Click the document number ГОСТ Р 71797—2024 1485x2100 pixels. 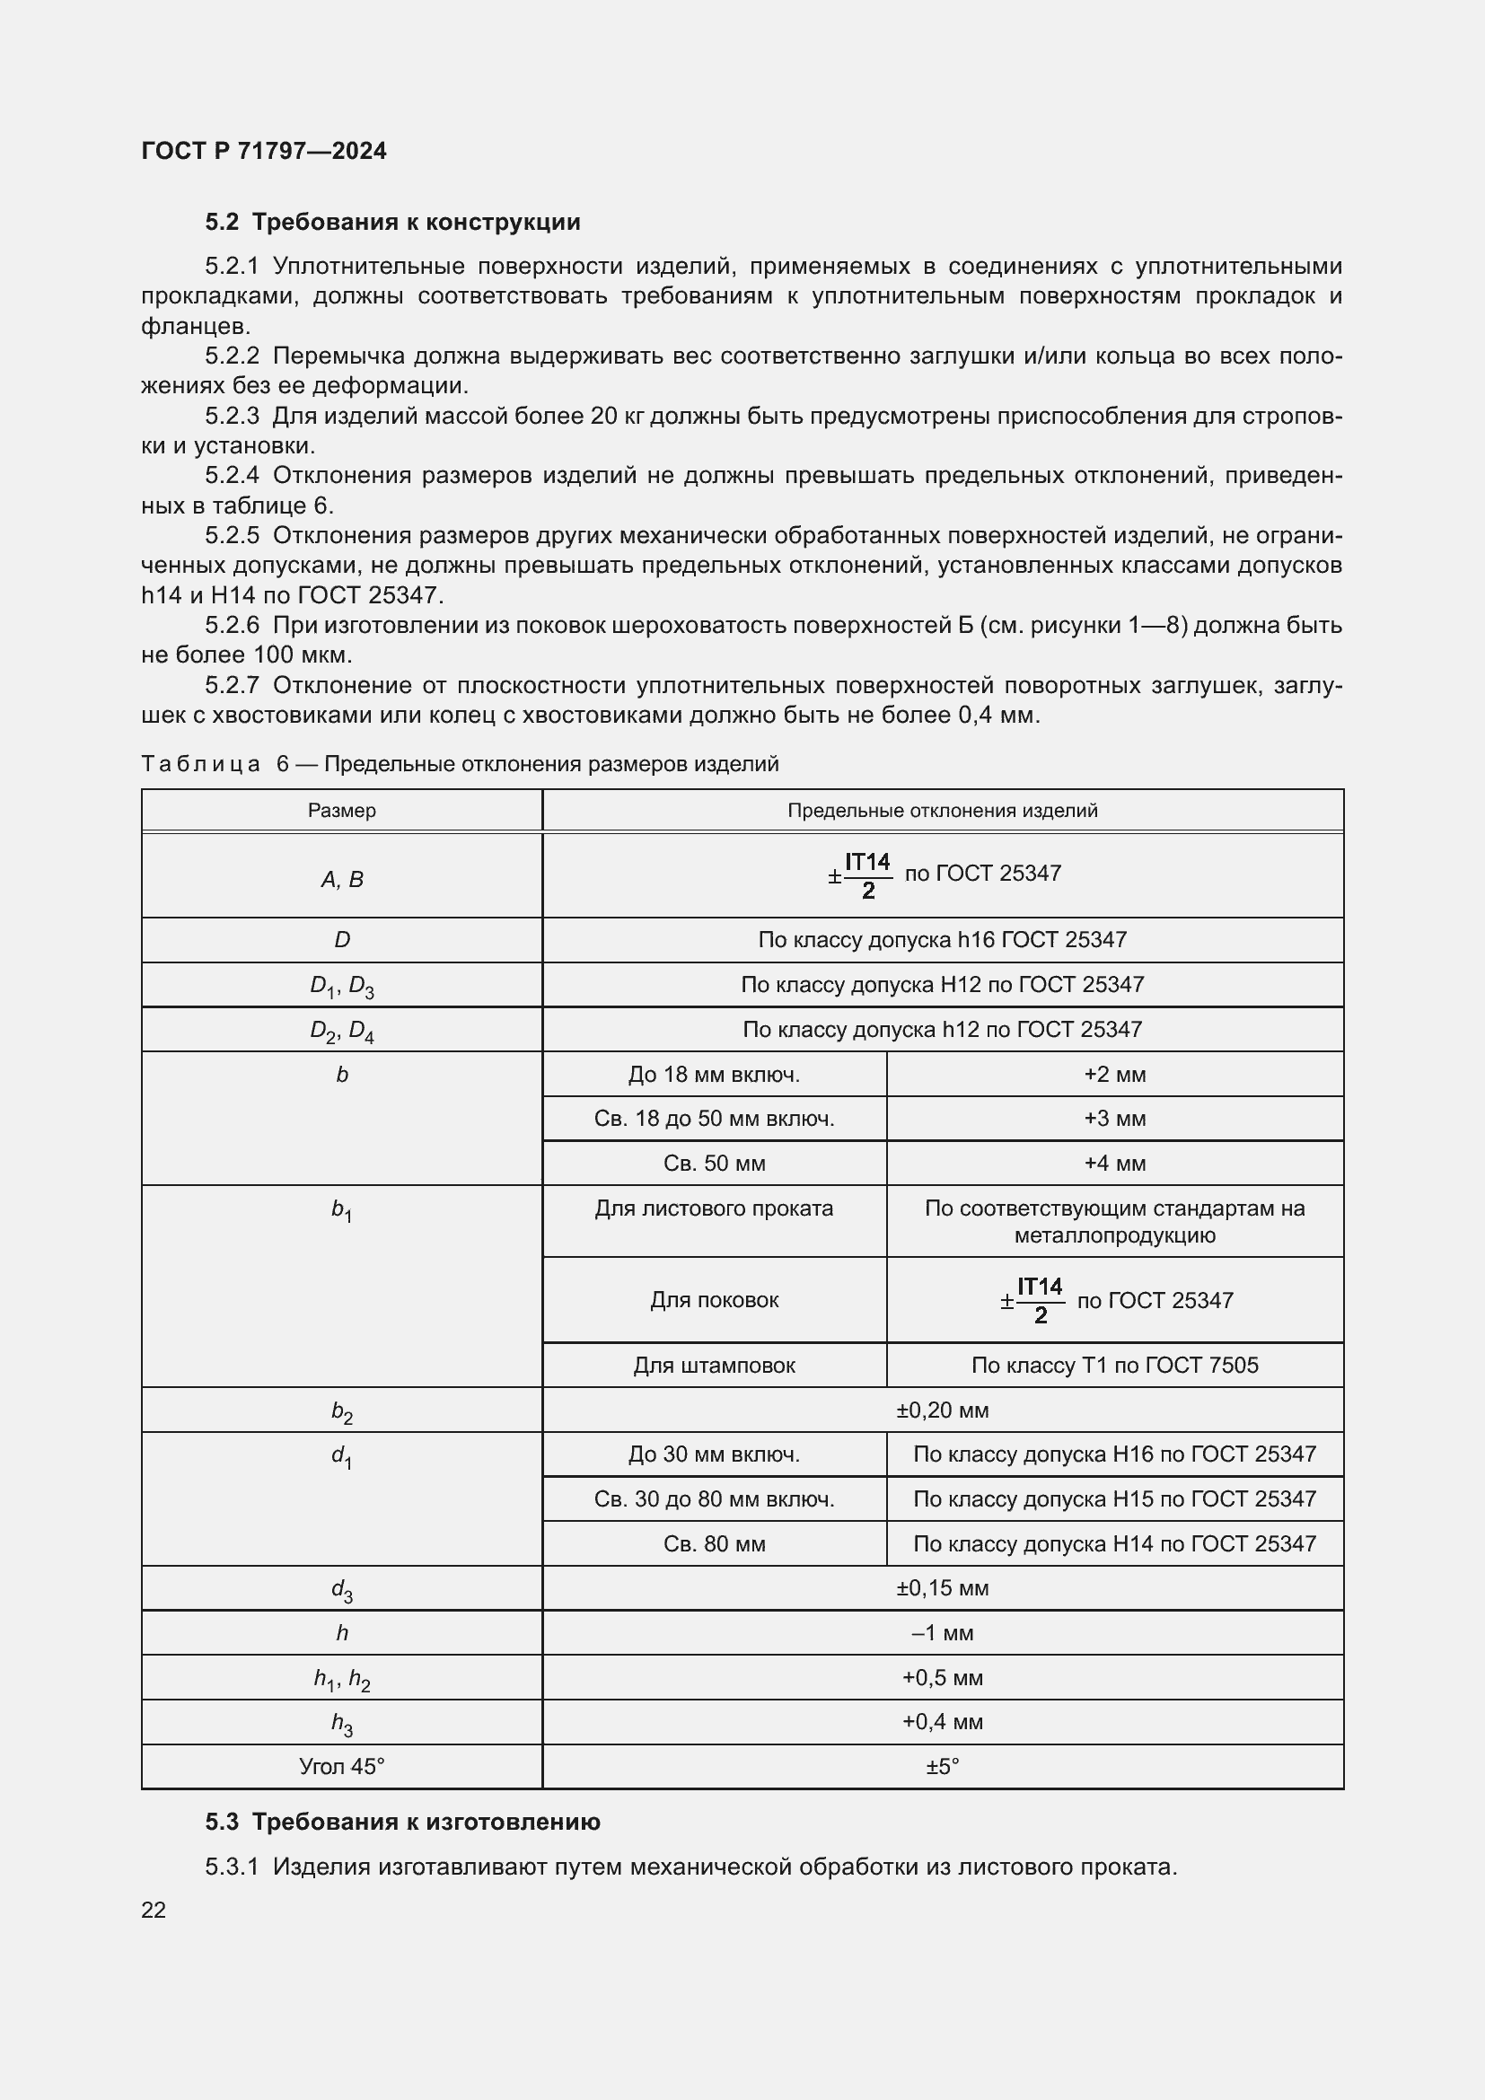pyautogui.click(x=263, y=151)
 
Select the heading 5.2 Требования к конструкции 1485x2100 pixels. pyautogui.click(x=392, y=223)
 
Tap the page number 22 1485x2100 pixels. pyautogui.click(x=154, y=1910)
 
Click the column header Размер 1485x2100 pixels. pyautogui.click(x=341, y=811)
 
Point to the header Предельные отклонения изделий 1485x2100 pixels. pyautogui.click(x=942, y=811)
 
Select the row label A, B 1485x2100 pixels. pyautogui.click(x=341, y=879)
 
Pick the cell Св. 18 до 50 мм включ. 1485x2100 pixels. pyautogui.click(x=713, y=1119)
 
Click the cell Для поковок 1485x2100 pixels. pyautogui.click(x=713, y=1300)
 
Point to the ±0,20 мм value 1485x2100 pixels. pyautogui.click(x=942, y=1410)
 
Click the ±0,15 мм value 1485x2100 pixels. pyautogui.click(x=942, y=1588)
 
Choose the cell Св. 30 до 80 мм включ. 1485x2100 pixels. pyautogui.click(x=713, y=1498)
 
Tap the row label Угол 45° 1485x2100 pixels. pyautogui.click(x=341, y=1766)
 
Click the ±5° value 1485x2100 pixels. pyautogui.click(x=942, y=1766)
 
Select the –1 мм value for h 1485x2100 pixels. pyautogui.click(x=942, y=1632)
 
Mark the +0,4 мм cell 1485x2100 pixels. pyautogui.click(x=942, y=1721)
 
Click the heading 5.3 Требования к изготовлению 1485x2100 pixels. pyautogui.click(x=402, y=1822)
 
